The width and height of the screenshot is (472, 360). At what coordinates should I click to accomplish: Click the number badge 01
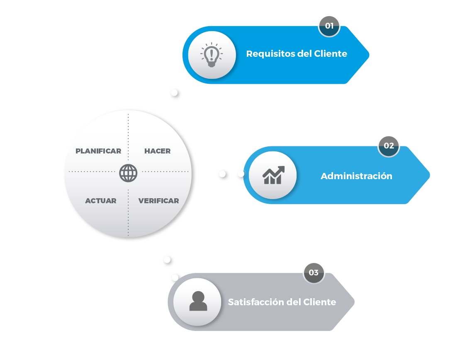pyautogui.click(x=329, y=26)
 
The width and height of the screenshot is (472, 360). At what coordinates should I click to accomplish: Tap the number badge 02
pyautogui.click(x=389, y=146)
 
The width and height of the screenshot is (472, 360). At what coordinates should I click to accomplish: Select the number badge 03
pyautogui.click(x=314, y=272)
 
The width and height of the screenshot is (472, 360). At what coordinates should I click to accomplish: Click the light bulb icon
pyautogui.click(x=212, y=55)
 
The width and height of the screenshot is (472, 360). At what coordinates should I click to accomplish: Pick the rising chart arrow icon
pyautogui.click(x=273, y=175)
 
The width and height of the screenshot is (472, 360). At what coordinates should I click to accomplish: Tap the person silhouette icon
pyautogui.click(x=198, y=301)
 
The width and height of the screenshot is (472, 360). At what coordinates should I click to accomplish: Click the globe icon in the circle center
pyautogui.click(x=128, y=173)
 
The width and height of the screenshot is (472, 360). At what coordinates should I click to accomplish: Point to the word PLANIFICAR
pyautogui.click(x=98, y=151)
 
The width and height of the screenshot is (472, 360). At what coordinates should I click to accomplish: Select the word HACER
pyautogui.click(x=157, y=151)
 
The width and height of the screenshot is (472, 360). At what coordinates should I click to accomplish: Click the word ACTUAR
pyautogui.click(x=101, y=201)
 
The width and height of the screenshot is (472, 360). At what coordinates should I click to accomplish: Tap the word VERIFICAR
pyautogui.click(x=158, y=201)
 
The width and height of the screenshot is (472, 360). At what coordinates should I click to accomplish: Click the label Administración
pyautogui.click(x=356, y=176)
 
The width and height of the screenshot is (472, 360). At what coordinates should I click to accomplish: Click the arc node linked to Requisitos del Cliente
pyautogui.click(x=174, y=92)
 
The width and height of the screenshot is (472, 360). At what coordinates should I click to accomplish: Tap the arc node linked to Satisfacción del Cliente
pyautogui.click(x=167, y=260)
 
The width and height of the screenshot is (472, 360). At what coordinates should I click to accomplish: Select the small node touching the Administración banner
pyautogui.click(x=240, y=174)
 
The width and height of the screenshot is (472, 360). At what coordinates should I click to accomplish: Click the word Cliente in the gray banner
pyautogui.click(x=320, y=302)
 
